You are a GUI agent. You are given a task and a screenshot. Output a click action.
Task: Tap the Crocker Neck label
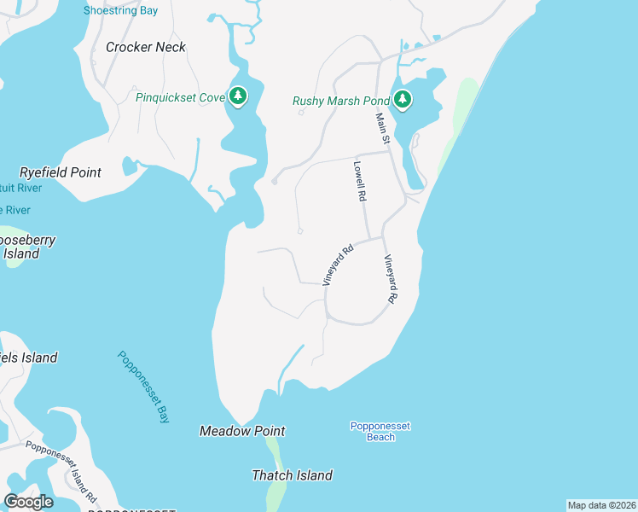145,47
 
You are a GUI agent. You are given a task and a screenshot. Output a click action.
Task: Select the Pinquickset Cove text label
180,97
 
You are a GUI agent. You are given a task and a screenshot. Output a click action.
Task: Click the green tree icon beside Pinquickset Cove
238,96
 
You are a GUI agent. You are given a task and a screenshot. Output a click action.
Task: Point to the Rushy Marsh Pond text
341,101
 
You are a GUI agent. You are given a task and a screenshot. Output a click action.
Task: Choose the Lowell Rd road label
360,181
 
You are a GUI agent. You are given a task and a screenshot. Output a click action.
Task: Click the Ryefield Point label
61,172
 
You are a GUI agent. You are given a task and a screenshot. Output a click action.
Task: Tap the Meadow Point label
242,431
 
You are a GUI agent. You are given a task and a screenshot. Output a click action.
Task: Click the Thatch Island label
292,475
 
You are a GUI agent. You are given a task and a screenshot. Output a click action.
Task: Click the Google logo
28,502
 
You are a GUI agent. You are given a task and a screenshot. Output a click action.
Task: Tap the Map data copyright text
601,505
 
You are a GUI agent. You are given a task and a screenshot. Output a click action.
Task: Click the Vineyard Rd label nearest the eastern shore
391,280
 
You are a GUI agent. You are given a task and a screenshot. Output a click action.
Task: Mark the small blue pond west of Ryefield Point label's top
130,165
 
